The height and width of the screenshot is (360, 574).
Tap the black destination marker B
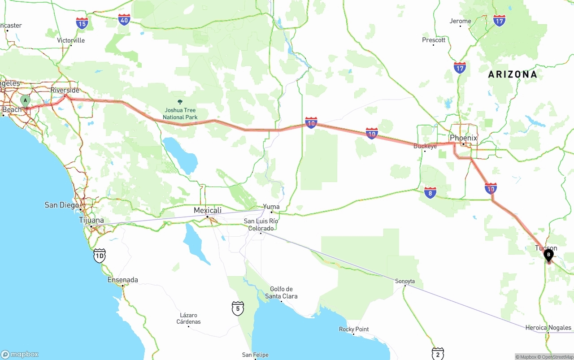548,255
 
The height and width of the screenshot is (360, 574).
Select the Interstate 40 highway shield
124,19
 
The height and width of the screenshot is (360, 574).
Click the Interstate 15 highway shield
82,23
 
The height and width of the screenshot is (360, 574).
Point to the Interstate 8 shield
430,193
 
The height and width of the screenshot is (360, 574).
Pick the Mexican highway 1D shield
100,256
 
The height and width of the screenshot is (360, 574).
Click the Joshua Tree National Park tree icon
180,102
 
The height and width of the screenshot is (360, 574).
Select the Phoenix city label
463,138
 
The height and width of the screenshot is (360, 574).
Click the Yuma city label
271,207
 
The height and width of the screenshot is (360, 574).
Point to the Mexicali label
208,210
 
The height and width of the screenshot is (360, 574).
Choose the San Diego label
62,205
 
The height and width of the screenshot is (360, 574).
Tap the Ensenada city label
122,280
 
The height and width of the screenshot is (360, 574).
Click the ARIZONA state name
512,74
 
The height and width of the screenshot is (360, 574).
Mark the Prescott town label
434,40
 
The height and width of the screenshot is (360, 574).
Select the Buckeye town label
425,146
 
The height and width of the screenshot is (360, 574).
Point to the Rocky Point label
354,329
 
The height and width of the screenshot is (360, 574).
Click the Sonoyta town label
404,281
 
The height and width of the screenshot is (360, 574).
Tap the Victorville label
71,40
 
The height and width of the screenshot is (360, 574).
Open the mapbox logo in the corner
20,354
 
